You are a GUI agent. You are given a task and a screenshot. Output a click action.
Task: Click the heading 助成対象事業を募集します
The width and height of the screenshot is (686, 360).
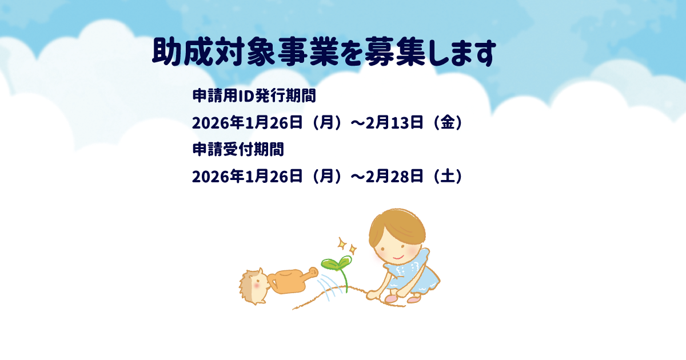click(x=324, y=52)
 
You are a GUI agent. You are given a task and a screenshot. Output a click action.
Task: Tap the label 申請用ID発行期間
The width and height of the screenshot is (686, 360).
click(x=254, y=95)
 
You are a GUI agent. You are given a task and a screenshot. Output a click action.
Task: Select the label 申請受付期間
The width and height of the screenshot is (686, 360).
click(x=238, y=149)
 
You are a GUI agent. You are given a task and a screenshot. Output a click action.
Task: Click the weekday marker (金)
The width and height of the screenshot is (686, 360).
click(x=448, y=122)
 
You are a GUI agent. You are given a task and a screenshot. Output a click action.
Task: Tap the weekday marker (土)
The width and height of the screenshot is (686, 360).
click(x=448, y=177)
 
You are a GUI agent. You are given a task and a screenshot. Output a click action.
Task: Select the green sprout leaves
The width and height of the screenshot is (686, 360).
click(x=336, y=263)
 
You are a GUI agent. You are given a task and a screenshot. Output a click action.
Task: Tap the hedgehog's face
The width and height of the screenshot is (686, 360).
click(x=260, y=286)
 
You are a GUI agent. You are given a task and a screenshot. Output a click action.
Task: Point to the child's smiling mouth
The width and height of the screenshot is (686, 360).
click(x=398, y=258)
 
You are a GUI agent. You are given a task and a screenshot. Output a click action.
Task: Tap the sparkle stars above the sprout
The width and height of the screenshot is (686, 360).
click(x=348, y=246)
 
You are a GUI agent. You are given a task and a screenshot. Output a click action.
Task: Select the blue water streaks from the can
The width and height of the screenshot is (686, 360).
click(x=328, y=287)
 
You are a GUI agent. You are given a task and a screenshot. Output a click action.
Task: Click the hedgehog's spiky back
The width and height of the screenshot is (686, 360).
click(x=246, y=287)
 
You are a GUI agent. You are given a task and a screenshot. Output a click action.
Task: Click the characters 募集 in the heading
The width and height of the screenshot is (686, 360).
click(x=395, y=52)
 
